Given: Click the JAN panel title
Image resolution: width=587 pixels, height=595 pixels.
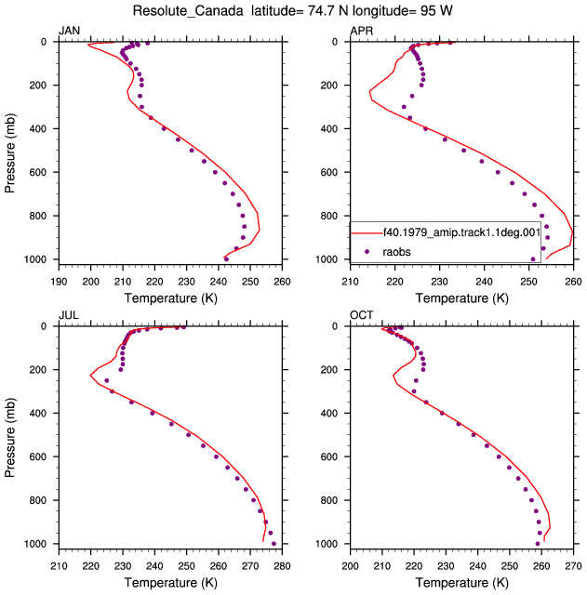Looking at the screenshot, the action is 69,31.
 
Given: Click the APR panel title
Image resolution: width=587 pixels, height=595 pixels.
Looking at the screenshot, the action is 362,31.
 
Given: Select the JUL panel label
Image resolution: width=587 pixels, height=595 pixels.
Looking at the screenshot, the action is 69,315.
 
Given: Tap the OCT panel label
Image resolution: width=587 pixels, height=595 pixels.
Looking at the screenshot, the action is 362,315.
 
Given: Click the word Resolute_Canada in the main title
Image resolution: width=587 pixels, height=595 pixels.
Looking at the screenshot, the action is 188,11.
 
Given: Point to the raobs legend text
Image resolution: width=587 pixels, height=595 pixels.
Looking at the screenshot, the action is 396,252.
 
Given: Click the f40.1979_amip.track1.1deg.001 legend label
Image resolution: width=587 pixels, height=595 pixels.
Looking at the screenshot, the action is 461,232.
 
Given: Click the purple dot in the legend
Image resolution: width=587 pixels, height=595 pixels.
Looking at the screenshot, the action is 367,251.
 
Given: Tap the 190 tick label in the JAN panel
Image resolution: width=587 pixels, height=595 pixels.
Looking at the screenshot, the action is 59,282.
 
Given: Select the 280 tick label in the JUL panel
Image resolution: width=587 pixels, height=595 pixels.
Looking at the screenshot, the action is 282,566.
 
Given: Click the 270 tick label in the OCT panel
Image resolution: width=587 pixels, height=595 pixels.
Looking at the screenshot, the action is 573,566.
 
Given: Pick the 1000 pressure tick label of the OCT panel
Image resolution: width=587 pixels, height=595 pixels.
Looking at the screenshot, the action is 327,544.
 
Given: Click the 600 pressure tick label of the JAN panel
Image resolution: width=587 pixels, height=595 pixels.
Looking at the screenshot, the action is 37,172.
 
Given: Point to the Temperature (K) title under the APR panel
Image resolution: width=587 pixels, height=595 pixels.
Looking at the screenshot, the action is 462,298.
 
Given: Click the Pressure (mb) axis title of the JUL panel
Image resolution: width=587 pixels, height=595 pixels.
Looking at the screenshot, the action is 10,438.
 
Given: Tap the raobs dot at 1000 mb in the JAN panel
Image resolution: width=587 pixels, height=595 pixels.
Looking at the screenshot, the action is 226,259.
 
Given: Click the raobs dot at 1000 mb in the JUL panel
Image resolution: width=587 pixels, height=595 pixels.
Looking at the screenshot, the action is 273,544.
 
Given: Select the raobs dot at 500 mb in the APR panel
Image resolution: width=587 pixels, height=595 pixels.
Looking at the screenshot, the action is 463,151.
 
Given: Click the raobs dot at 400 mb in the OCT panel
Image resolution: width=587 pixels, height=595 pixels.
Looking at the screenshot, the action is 442,413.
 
